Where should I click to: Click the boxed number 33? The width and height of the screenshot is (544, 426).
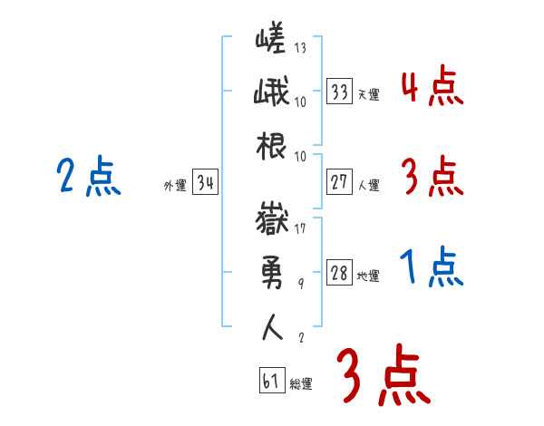[x=339, y=92]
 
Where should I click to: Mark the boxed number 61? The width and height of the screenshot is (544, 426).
[x=270, y=381]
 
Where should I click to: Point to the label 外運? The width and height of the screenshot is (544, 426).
[x=174, y=186]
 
